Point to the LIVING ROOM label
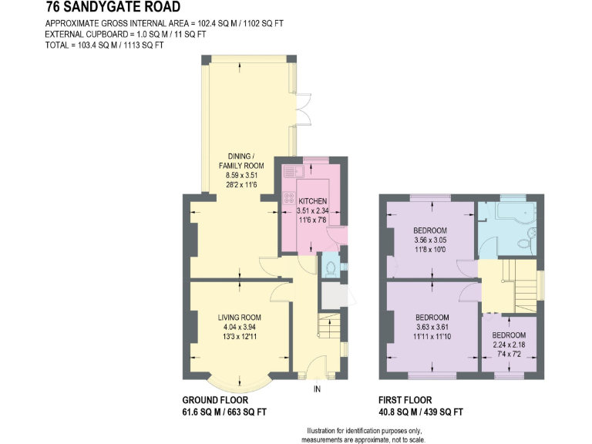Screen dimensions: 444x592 click(x=239, y=317)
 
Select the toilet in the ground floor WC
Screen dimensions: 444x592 click(x=331, y=267)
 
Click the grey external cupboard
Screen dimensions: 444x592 click(x=332, y=294)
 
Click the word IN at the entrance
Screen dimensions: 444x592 click(x=316, y=389)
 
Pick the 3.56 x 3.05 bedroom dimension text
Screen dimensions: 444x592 click(x=429, y=240)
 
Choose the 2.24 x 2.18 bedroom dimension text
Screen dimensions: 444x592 click(x=510, y=345)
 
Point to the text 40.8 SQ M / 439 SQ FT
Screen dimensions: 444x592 click(x=421, y=412)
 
